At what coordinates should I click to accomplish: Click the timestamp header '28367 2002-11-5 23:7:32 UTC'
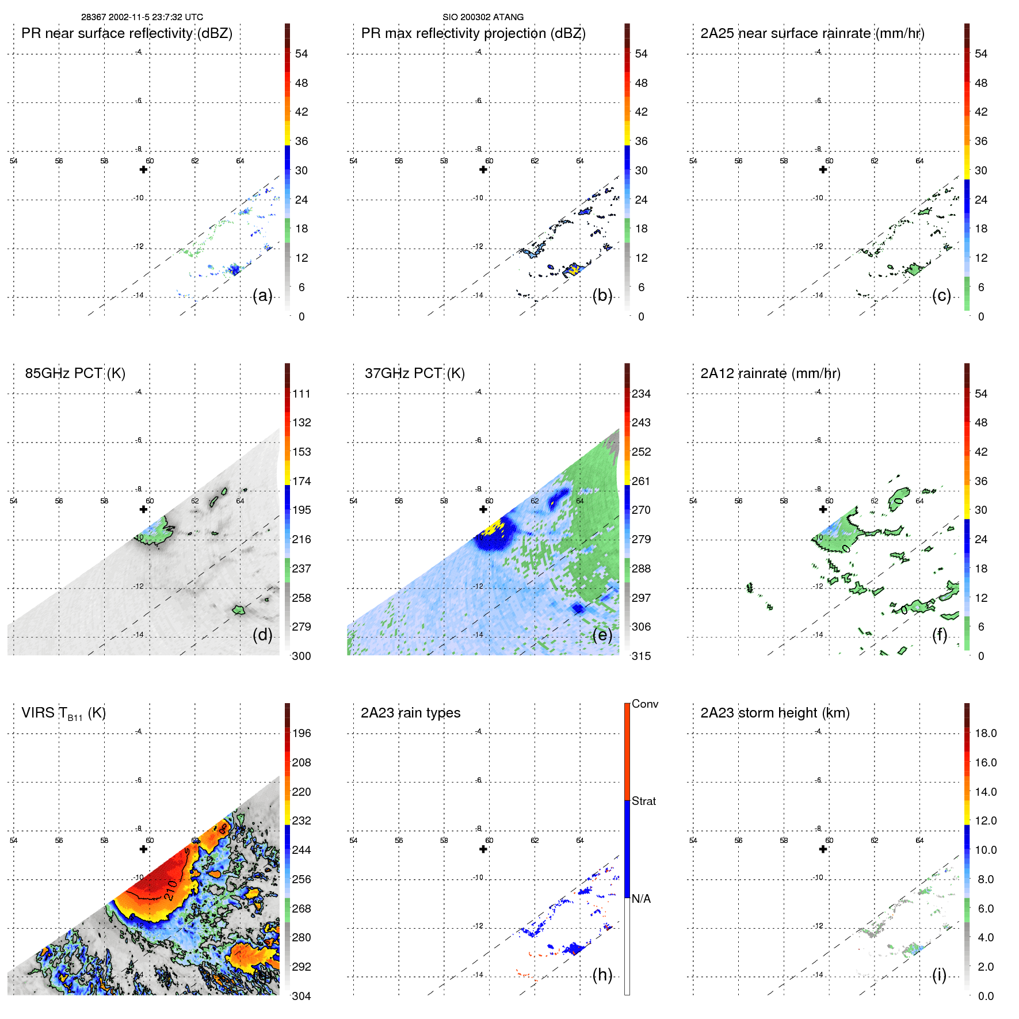coord(142,17)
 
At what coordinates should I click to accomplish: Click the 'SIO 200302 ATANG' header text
coord(483,17)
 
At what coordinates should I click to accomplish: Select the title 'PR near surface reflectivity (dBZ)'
coord(127,33)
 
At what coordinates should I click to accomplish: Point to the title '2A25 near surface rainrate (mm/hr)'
coord(812,33)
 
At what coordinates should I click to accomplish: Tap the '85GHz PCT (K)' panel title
coord(75,373)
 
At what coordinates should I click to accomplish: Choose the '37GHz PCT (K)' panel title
coord(414,373)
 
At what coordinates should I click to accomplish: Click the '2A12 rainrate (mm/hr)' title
coord(770,373)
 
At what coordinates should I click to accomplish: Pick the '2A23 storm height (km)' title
coord(774,713)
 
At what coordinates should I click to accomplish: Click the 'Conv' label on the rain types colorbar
coord(644,704)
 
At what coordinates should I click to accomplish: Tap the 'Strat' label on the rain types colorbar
coord(643,802)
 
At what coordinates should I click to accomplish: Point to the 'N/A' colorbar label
coord(641,899)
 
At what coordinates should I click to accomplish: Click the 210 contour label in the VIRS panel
coord(170,890)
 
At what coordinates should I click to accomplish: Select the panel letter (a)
coord(262,296)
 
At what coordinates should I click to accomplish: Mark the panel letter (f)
coord(939,635)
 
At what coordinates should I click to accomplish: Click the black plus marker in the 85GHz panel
coord(143,509)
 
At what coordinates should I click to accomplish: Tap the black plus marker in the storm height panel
coord(823,849)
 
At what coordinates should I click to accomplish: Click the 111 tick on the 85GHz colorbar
coord(301,394)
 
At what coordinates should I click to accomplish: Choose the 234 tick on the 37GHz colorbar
coord(641,394)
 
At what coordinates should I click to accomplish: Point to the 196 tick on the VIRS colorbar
coord(301,734)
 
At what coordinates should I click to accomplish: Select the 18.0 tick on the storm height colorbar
coord(985,734)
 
